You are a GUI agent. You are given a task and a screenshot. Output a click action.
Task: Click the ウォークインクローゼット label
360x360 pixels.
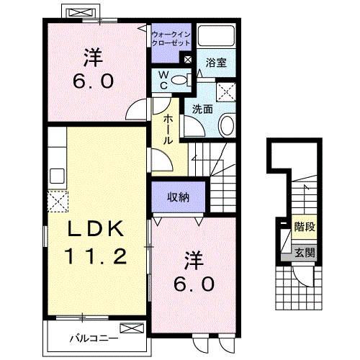coord(171,38)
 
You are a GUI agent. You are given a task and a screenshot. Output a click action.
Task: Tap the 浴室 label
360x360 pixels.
coord(216,63)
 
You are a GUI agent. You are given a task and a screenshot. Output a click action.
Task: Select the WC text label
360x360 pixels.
coord(163,80)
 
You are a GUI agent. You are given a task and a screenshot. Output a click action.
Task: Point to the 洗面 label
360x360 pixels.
coord(202,109)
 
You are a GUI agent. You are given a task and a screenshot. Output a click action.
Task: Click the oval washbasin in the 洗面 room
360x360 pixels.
coord(227,125)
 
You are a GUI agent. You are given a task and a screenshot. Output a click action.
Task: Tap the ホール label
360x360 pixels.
coord(168,130)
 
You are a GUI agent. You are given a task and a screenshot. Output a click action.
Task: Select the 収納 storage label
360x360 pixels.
coord(178,197)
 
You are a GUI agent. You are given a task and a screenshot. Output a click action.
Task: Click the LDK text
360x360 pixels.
coord(96,228)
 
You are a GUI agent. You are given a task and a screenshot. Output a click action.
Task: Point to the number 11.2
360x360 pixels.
coord(95,256)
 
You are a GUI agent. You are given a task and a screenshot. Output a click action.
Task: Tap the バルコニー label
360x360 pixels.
coord(94,338)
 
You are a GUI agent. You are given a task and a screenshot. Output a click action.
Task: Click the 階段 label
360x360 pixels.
coord(305,226)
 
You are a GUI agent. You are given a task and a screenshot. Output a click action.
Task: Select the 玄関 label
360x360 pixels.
coord(305,253)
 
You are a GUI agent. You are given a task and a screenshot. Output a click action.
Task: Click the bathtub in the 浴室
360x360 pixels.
coord(216,35)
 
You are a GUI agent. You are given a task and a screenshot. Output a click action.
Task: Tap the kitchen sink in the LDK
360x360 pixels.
coord(57,176)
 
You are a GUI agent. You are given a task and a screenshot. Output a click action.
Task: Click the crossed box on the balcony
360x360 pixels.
coord(132,328)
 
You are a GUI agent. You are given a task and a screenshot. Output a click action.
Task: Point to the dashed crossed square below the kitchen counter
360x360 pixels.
coord(58,202)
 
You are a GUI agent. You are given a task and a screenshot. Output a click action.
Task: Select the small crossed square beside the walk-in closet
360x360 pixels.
coord(187,60)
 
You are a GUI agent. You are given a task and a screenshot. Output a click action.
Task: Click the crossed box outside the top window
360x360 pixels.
coord(80,13)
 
